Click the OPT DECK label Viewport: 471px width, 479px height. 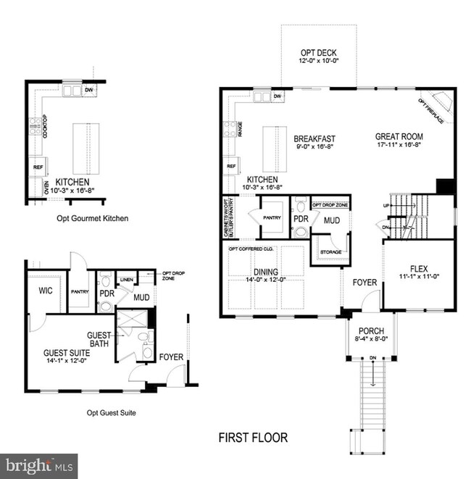pos(319,54)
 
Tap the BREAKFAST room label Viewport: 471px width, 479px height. pos(314,138)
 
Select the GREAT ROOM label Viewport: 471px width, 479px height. pos(399,136)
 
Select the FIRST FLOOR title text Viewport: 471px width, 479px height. pos(253,438)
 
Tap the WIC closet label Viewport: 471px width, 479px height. pos(40,291)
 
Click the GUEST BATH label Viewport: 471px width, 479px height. pos(99,339)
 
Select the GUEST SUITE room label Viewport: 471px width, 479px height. pos(65,353)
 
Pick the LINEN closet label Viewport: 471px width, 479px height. pos(126,278)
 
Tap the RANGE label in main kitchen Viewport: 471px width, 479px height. pos(240,129)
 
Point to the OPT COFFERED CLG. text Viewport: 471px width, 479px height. pos(251,249)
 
